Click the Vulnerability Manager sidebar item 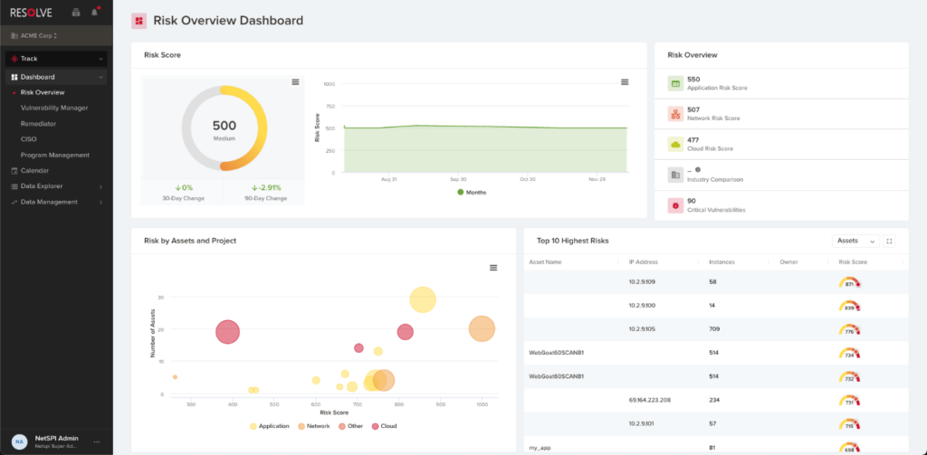[54, 108]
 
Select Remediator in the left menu [41, 123]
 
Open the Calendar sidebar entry [34, 170]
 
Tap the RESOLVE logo [31, 13]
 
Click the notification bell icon [95, 13]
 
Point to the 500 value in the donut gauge [224, 126]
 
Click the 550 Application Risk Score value [693, 80]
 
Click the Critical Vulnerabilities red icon [674, 205]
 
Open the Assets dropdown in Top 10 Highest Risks [855, 242]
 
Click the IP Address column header [644, 262]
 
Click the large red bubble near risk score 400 [228, 332]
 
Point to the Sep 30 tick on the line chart [457, 179]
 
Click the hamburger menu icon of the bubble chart [493, 268]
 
